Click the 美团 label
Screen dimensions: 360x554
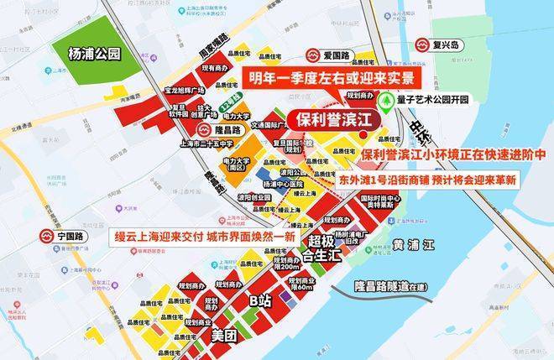coord(224,336)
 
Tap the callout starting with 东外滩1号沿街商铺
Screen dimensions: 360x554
coord(427,180)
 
